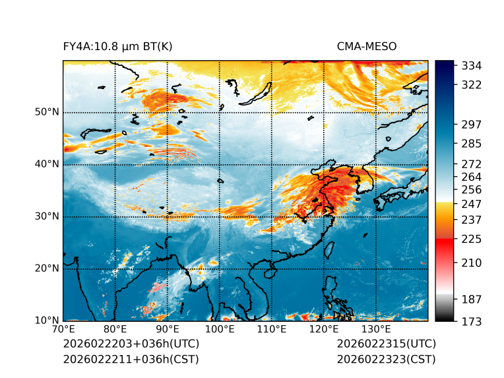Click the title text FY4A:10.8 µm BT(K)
(117, 46)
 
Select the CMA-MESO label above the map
(367, 46)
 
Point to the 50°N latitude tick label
(47, 112)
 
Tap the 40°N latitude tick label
(47, 164)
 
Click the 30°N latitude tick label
(47, 216)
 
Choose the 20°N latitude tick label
(47, 268)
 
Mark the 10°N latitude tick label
(47, 321)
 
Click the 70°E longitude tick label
(63, 330)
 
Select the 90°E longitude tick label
(168, 330)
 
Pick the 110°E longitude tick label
(272, 330)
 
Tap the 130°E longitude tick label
(376, 330)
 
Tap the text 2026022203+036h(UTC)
(131, 344)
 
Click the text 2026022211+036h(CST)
(131, 360)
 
